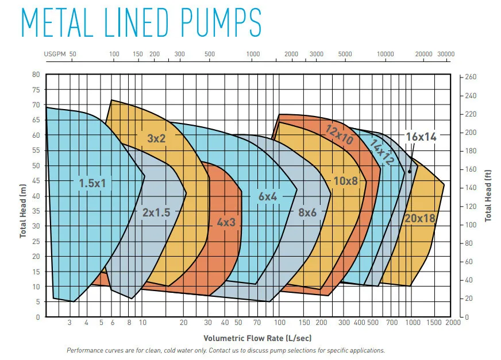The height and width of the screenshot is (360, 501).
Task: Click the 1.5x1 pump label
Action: click(93, 183)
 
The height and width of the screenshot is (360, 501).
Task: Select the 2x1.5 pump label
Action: click(156, 212)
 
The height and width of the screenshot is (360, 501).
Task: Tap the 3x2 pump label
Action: click(156, 138)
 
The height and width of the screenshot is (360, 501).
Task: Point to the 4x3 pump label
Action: click(226, 222)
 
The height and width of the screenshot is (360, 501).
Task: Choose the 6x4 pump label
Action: click(268, 196)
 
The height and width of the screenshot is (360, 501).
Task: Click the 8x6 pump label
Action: click(307, 212)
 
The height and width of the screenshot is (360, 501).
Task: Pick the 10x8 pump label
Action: click(345, 181)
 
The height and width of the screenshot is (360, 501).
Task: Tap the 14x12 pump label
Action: click(381, 152)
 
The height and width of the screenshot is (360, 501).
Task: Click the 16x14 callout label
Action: click(421, 137)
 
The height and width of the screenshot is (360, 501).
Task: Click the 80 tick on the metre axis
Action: click(36, 75)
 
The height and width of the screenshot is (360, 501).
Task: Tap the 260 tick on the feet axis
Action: click(471, 77)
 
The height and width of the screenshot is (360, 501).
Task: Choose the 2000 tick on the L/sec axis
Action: click(453, 323)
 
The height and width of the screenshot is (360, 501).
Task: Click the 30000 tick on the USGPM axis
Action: click(446, 54)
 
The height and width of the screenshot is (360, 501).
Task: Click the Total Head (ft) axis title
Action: click(489, 195)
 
